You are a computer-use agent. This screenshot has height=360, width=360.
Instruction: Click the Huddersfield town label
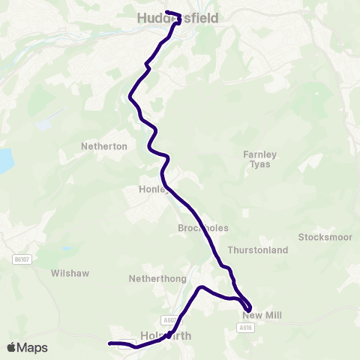[178, 17]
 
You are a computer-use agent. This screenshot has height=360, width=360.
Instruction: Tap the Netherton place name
[104, 147]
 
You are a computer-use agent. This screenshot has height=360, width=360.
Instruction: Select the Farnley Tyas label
[260, 159]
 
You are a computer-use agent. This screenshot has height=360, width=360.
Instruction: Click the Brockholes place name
[203, 228]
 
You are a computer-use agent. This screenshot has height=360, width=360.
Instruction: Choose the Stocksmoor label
[325, 237]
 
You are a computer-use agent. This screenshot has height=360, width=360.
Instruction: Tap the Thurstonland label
[257, 250]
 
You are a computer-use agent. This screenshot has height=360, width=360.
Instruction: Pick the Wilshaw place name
[70, 274]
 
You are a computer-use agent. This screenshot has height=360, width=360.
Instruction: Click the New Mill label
[262, 316]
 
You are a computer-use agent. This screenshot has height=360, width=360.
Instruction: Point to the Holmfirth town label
[166, 336]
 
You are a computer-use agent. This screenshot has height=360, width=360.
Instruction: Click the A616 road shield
[245, 328]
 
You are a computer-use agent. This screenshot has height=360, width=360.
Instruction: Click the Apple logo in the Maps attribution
[11, 347]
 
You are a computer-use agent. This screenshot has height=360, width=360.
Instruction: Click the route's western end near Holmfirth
[110, 343]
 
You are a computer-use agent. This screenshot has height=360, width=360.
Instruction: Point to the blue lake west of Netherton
[4, 160]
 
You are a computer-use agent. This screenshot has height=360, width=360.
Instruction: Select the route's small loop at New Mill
[246, 304]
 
